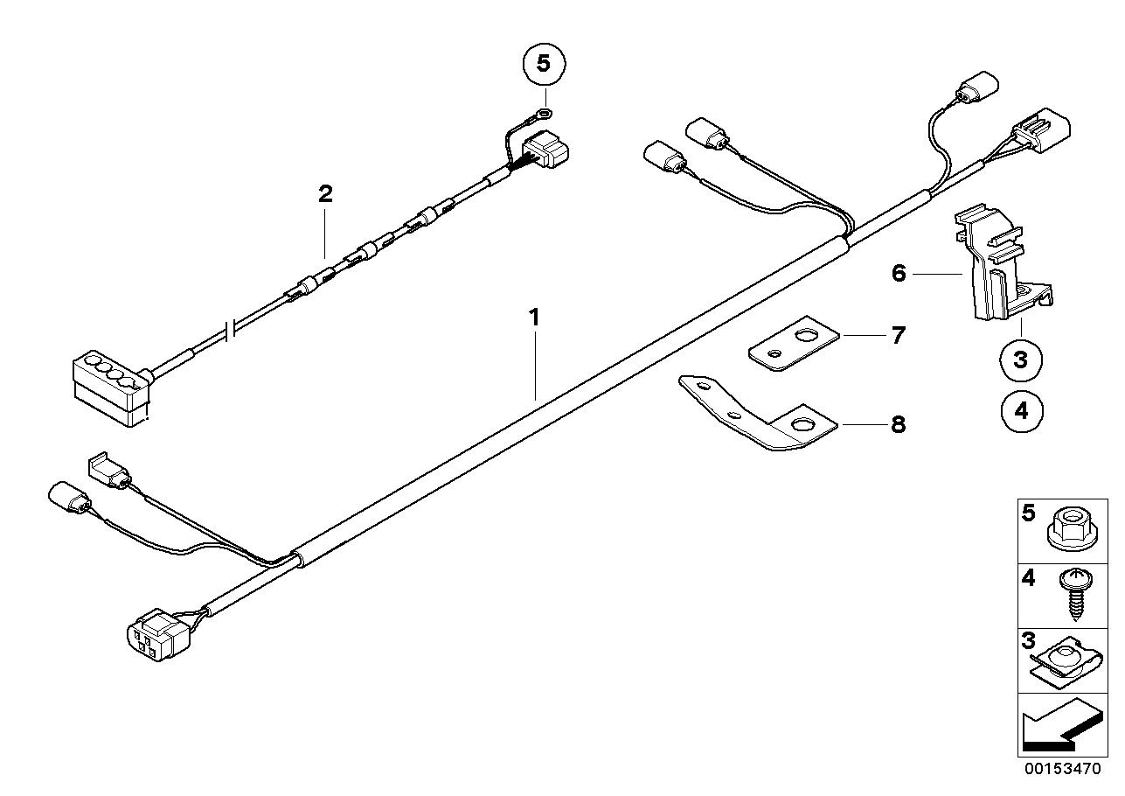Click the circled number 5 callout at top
coord(544,65)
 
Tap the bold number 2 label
coord(325,194)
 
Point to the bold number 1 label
coord(534,318)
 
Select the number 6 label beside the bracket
coord(899,274)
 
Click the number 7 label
coord(898,336)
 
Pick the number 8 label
coord(898,424)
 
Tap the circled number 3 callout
coord(1020,360)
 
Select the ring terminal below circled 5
coord(544,112)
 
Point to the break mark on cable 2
coord(232,329)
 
